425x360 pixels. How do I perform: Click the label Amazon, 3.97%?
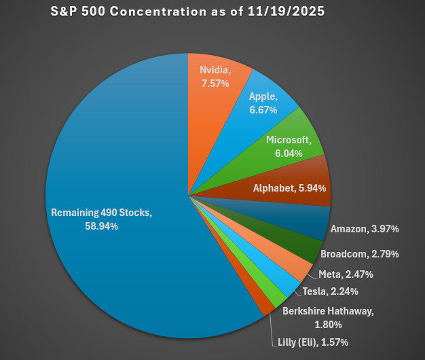tap(364, 230)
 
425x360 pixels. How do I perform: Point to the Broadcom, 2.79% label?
tap(359, 254)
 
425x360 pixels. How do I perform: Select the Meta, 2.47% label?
tap(346, 274)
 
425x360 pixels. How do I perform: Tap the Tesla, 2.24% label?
tap(331, 291)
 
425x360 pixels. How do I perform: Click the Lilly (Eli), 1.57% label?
tap(313, 342)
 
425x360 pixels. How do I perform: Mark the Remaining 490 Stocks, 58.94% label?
tap(102, 219)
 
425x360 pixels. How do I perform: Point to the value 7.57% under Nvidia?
tap(215, 83)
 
